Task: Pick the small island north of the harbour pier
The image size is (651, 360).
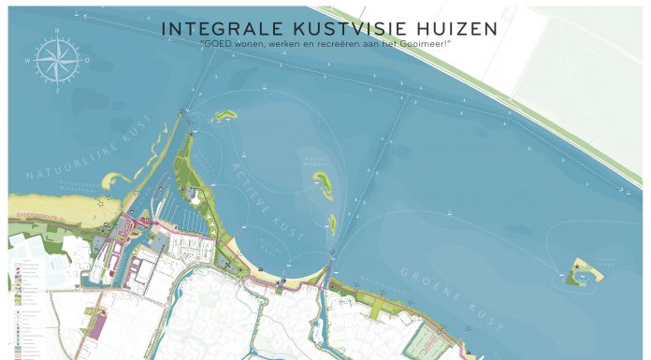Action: pyautogui.click(x=224, y=117)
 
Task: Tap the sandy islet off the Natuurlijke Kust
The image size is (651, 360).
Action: pyautogui.click(x=114, y=178)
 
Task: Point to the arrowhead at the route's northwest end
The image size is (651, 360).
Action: pyautogui.click(x=86, y=16)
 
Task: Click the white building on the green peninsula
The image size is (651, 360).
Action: pyautogui.click(x=194, y=194)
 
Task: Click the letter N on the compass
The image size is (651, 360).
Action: pyautogui.click(x=59, y=36)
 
